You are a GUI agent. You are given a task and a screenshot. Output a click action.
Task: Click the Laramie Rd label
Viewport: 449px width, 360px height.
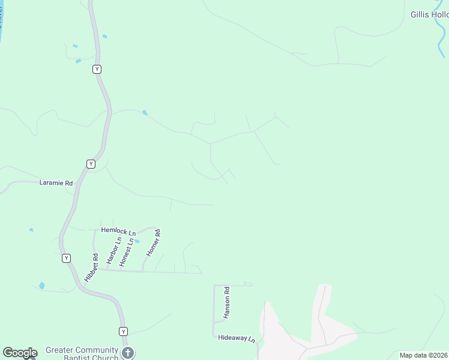pyautogui.click(x=56, y=182)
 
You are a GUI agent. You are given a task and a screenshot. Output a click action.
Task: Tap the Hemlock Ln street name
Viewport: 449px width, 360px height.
pyautogui.click(x=118, y=230)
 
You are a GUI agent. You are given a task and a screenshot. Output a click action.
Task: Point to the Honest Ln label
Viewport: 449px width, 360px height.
pyautogui.click(x=126, y=253)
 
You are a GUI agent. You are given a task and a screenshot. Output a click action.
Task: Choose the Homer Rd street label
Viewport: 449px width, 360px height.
pyautogui.click(x=152, y=244)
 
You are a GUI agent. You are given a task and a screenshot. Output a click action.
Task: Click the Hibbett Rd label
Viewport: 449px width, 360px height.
pyautogui.click(x=91, y=268)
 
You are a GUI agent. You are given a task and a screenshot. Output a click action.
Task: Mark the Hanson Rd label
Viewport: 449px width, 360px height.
pyautogui.click(x=227, y=303)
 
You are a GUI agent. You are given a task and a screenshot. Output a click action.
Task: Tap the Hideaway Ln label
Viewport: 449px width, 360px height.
pyautogui.click(x=237, y=338)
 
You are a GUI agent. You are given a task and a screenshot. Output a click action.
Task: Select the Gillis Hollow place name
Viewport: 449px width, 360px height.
pyautogui.click(x=429, y=14)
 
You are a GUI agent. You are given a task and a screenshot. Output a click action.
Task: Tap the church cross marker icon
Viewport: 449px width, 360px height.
pyautogui.click(x=127, y=353)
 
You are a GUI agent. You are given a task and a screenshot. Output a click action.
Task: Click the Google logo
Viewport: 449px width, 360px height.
pyautogui.click(x=20, y=353)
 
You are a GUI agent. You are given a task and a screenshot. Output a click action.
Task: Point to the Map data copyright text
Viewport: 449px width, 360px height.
pyautogui.click(x=424, y=355)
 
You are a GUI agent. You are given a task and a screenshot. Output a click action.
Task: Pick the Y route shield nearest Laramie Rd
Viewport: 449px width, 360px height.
pyautogui.click(x=91, y=164)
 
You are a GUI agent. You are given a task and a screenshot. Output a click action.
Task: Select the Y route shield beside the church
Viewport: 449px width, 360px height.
pyautogui.click(x=123, y=331)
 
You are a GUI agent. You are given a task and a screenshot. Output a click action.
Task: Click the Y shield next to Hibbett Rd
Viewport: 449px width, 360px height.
pyautogui.click(x=66, y=258)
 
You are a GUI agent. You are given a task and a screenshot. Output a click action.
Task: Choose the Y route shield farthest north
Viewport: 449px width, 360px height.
pyautogui.click(x=97, y=70)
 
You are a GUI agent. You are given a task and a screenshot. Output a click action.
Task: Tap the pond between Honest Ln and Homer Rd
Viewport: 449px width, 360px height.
pyautogui.click(x=137, y=241)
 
